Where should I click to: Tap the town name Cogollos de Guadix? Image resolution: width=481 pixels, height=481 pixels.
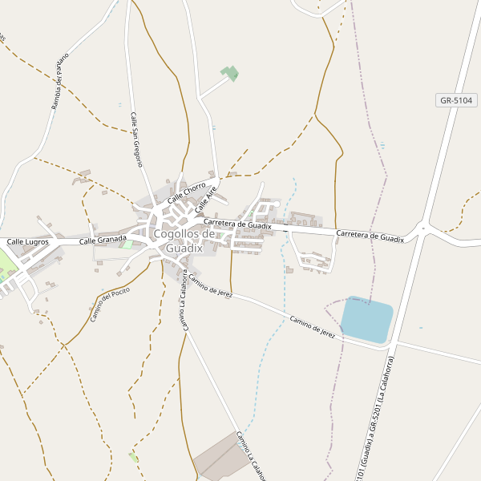click(184, 241)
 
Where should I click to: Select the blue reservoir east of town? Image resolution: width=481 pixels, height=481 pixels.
click(367, 320)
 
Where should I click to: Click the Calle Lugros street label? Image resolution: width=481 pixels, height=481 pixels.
click(28, 241)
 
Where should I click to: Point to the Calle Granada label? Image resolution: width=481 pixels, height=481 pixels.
click(103, 240)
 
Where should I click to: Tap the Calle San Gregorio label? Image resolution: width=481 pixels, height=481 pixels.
click(136, 139)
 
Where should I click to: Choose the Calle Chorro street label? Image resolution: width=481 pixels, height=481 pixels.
click(187, 192)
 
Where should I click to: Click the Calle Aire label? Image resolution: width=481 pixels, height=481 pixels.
click(206, 200)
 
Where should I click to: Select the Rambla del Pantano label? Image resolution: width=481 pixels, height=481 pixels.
click(61, 81)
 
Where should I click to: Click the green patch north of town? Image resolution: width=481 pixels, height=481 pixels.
click(230, 74)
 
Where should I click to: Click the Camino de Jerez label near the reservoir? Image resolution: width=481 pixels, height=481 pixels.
click(313, 324)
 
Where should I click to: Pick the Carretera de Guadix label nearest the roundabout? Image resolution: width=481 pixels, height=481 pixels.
click(370, 236)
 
